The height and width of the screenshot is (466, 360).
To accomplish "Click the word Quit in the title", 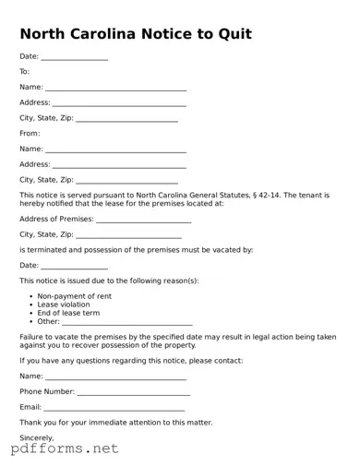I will (x=233, y=34).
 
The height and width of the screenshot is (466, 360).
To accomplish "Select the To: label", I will (x=25, y=71).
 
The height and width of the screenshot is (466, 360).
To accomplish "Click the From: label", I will (x=30, y=133).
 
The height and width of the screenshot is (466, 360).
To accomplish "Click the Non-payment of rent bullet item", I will (x=74, y=296).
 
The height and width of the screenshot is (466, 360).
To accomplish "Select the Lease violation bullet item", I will (x=64, y=305).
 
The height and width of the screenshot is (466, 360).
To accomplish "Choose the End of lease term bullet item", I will (x=68, y=313).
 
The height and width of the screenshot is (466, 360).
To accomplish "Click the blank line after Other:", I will (x=127, y=322).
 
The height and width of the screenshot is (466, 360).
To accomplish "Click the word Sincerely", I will (x=37, y=437).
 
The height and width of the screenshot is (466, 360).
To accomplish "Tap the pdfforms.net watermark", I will (x=65, y=450).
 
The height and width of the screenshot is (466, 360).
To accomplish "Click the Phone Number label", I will (x=47, y=392).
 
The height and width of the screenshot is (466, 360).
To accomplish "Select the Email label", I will (x=30, y=407).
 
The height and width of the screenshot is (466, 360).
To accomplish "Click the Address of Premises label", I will (x=56, y=220).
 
